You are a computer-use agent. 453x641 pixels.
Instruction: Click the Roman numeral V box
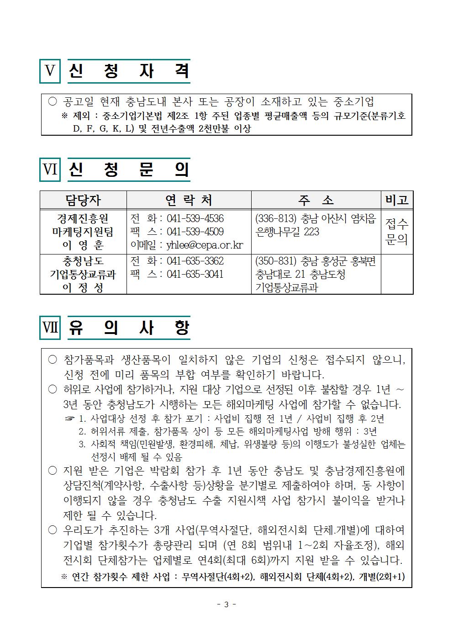click(x=50, y=71)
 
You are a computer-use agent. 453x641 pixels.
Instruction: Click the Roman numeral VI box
click(x=50, y=170)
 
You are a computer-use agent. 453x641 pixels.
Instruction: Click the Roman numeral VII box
click(x=50, y=328)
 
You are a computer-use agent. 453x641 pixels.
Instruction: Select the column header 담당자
click(x=83, y=200)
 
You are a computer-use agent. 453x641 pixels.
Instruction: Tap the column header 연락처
click(x=188, y=200)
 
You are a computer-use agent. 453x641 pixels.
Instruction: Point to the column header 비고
click(x=396, y=200)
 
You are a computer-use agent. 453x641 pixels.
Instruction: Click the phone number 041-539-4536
click(x=195, y=218)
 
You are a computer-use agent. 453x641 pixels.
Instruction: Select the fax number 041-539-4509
click(x=195, y=232)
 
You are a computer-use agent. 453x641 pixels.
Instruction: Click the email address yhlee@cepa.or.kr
click(x=205, y=245)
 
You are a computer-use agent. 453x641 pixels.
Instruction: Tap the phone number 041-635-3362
click(x=195, y=261)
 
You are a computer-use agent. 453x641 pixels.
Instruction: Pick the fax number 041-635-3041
click(x=195, y=274)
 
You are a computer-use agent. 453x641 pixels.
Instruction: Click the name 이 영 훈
click(x=83, y=245)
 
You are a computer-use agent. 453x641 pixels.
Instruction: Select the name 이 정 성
click(x=83, y=288)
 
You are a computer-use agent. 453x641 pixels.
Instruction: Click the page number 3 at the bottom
click(x=226, y=604)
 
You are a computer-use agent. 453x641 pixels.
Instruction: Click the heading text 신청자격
click(x=129, y=71)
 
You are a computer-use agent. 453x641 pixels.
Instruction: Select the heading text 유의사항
click(x=129, y=328)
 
